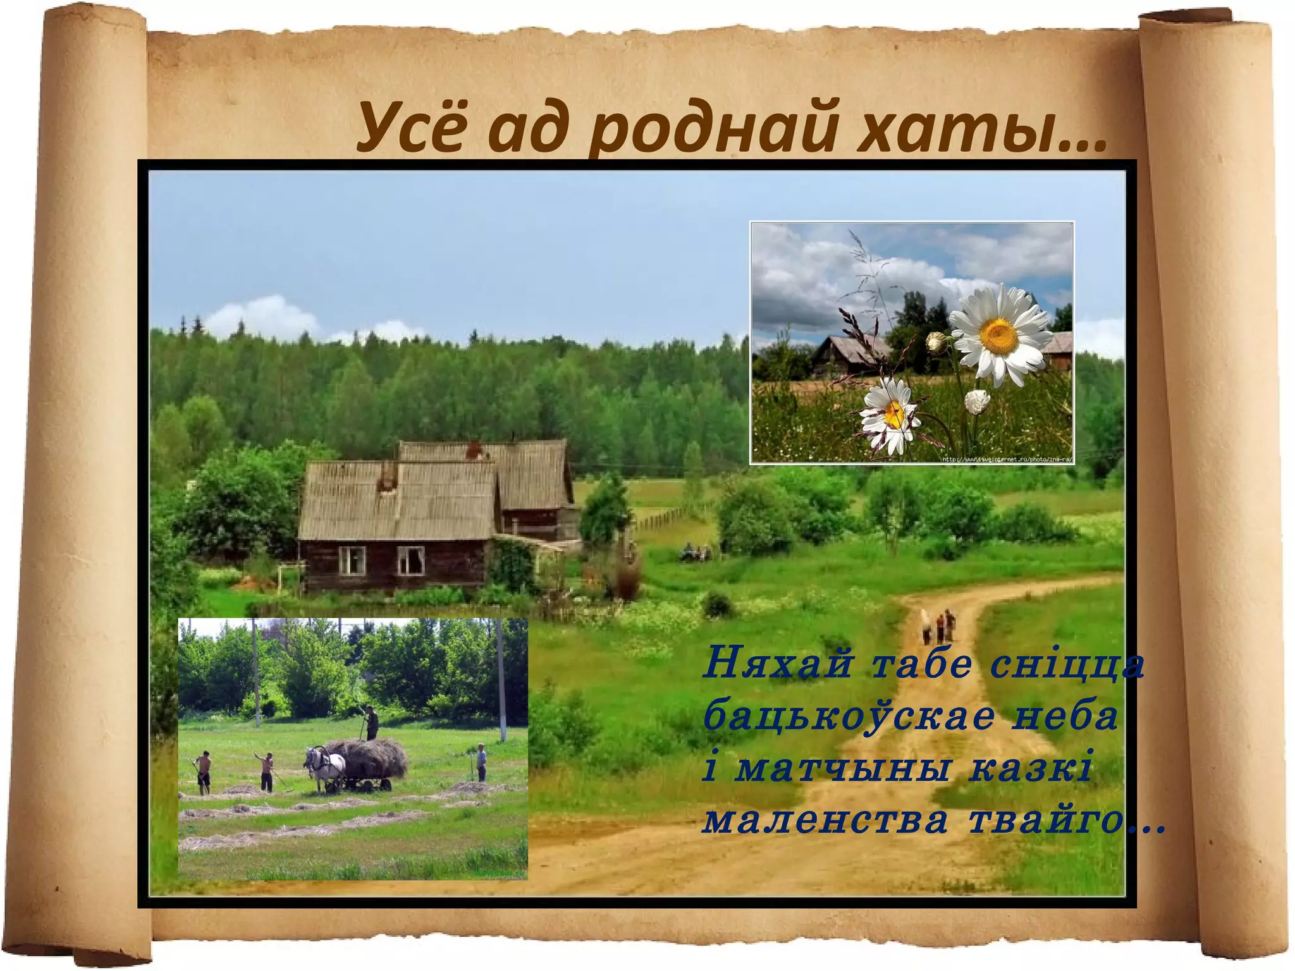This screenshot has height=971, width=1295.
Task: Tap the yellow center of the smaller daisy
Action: coord(894,413)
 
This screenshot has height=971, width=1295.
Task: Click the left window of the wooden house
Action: coord(352,560)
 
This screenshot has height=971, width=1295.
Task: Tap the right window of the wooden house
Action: coord(410,560)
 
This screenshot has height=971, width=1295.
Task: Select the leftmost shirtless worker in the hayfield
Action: coord(203,772)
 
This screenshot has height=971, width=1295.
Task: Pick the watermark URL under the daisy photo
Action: coord(1007,460)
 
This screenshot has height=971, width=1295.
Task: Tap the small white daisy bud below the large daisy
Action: coord(977,401)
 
